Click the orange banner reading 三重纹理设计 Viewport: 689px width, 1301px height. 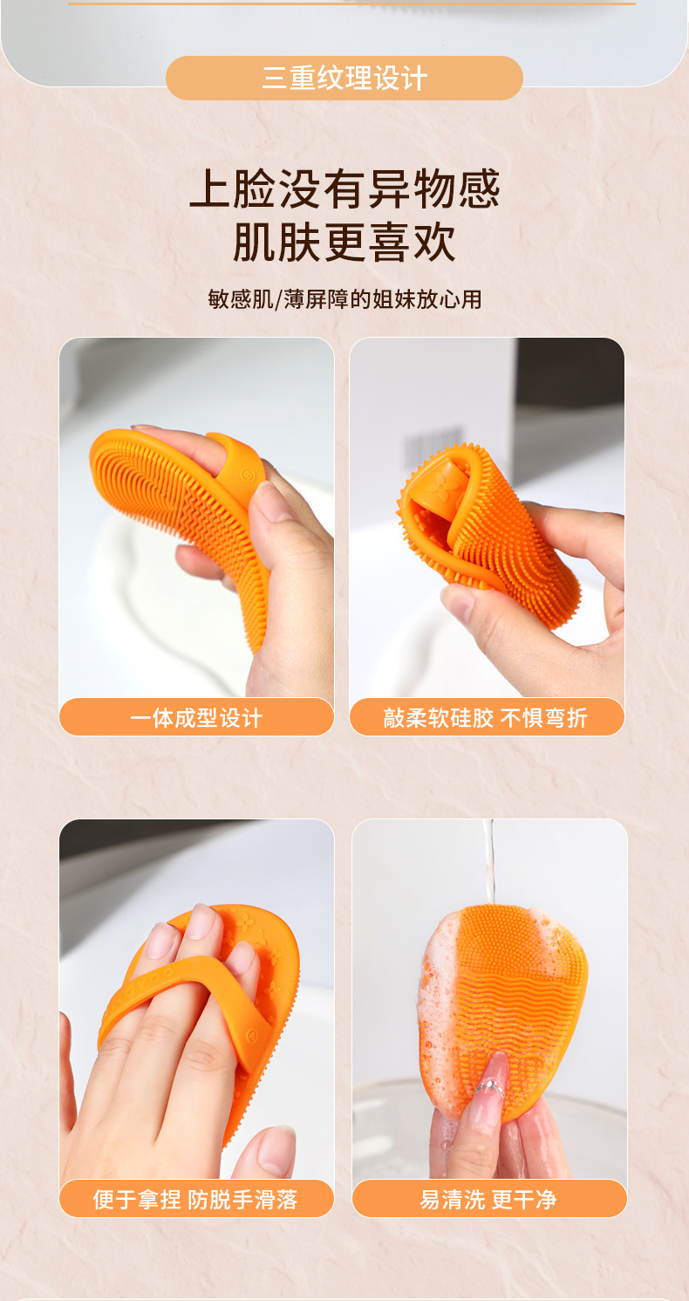tap(344, 78)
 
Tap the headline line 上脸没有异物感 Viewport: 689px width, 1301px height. tap(344, 188)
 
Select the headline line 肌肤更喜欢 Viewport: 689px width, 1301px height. tap(344, 242)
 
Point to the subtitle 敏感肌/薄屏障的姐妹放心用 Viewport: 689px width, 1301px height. tap(344, 299)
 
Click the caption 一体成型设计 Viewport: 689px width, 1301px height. tap(196, 718)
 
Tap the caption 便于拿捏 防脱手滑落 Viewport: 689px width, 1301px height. tap(195, 1200)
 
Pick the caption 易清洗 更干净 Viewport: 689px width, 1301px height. tap(488, 1200)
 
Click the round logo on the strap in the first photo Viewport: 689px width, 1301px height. tap(247, 475)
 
